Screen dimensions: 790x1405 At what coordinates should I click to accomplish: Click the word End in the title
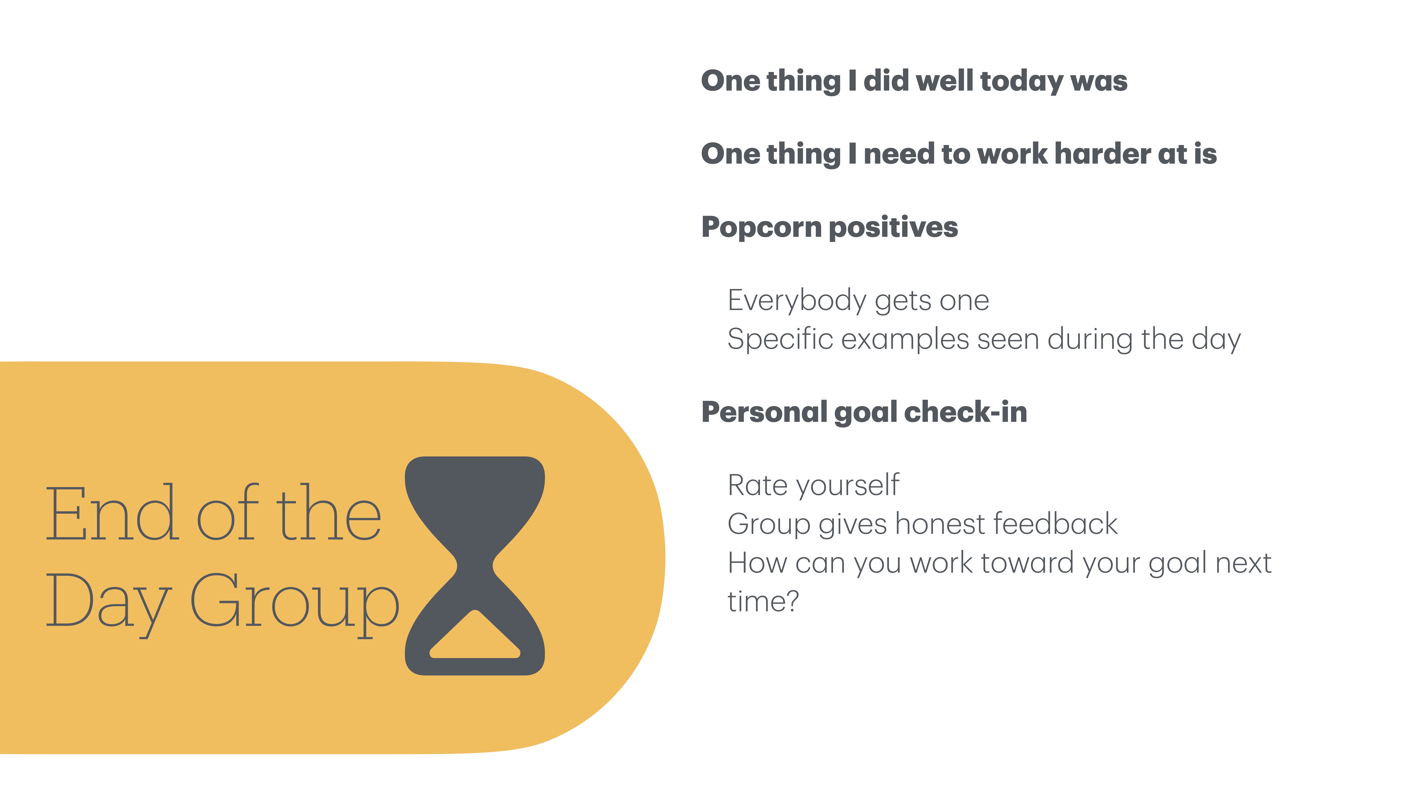pyautogui.click(x=112, y=514)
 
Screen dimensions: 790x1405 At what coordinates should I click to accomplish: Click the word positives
pyautogui.click(x=893, y=228)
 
